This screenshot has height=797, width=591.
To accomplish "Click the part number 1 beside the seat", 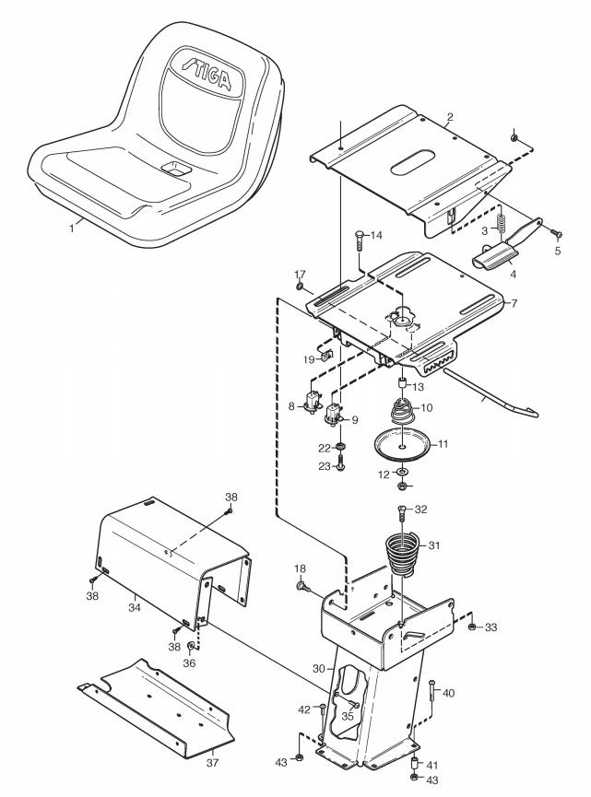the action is (72, 229).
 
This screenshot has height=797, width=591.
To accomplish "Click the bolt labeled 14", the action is (359, 240).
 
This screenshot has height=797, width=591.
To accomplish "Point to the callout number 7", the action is (514, 303).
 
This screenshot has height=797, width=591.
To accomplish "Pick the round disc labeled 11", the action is (402, 446).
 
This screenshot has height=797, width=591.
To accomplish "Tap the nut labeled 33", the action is (472, 627).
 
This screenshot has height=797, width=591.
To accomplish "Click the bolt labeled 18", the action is (302, 587).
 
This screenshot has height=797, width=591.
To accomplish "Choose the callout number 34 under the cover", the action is (135, 606).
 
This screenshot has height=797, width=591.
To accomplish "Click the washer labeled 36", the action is (191, 647).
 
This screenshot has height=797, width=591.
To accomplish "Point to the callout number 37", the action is (212, 762).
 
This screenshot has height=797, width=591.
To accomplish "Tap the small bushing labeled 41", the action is (414, 763).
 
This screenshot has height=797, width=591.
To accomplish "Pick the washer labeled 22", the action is (339, 447).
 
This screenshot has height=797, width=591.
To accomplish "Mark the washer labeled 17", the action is (300, 287).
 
